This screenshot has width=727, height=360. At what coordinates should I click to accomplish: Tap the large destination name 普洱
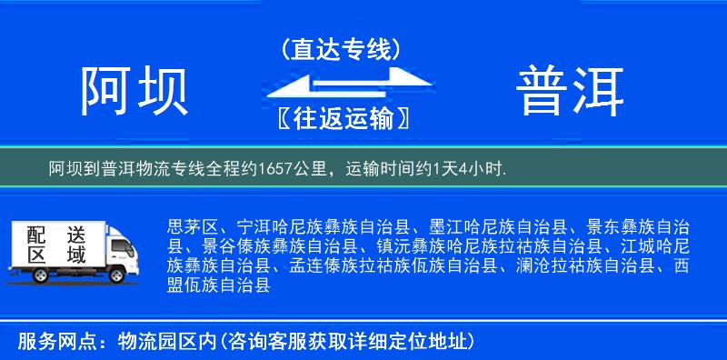571,91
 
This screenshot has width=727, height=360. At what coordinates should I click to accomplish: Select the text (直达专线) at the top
341,48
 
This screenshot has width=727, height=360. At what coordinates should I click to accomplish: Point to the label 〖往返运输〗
341,118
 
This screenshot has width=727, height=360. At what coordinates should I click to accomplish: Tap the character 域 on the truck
75,255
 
